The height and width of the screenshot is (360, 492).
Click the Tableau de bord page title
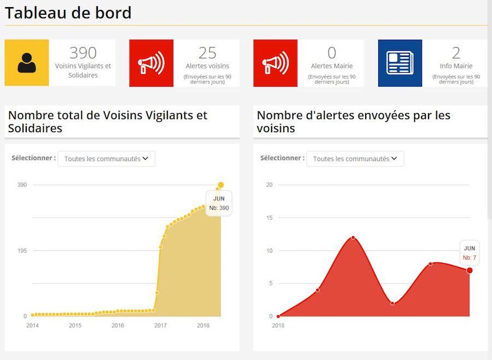[x=68, y=13]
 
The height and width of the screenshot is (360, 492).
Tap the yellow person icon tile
[x=27, y=63]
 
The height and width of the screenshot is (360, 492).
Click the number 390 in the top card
[x=83, y=53]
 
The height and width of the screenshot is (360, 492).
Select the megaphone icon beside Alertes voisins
[x=151, y=63]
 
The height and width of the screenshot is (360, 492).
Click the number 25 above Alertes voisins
[x=208, y=53]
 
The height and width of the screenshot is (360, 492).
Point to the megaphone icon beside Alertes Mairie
[x=276, y=63]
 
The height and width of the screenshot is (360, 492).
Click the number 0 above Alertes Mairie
[x=332, y=53]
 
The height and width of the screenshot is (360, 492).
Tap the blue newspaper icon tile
[x=400, y=63]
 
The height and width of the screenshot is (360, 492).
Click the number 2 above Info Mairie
[x=456, y=53]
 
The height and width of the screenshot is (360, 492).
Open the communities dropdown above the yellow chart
[x=107, y=159]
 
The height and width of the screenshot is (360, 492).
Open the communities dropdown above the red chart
[x=355, y=159]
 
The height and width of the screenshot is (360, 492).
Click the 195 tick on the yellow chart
[x=22, y=251]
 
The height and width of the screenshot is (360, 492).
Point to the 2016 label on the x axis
[x=118, y=326]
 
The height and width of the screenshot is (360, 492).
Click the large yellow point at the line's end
[x=221, y=185]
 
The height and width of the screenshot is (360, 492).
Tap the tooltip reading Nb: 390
[x=219, y=203]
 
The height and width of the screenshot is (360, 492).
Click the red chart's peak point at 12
[x=353, y=237]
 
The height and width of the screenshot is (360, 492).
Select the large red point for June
[x=470, y=270]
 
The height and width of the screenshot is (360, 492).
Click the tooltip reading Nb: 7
[x=470, y=253]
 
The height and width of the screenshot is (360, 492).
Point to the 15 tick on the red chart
[x=269, y=218]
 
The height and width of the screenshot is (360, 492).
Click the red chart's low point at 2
[x=393, y=303]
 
